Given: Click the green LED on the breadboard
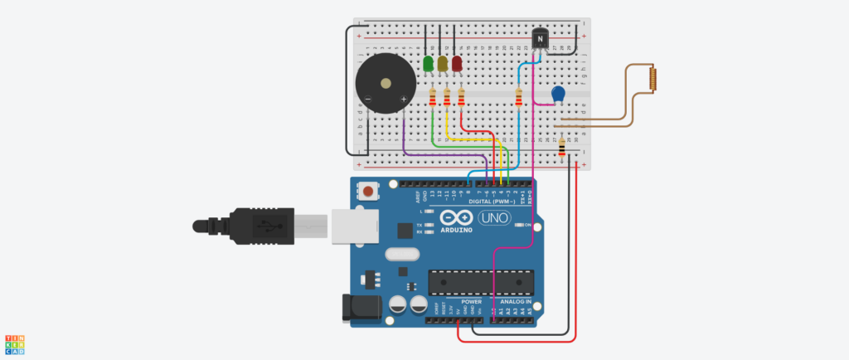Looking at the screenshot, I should coord(428,64).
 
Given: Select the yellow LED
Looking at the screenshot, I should coord(442,64).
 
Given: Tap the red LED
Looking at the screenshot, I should coord(456,64).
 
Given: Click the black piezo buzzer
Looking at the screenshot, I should coord(382,85).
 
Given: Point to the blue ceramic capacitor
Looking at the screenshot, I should coord(559,95).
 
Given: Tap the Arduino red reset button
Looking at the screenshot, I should coord(367,191).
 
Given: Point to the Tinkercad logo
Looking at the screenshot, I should coord(14,345).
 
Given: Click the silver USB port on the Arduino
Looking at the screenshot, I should coord(352,226).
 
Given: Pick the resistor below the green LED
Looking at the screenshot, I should coord(433,100).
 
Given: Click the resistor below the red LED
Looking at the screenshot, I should coord(461,100).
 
